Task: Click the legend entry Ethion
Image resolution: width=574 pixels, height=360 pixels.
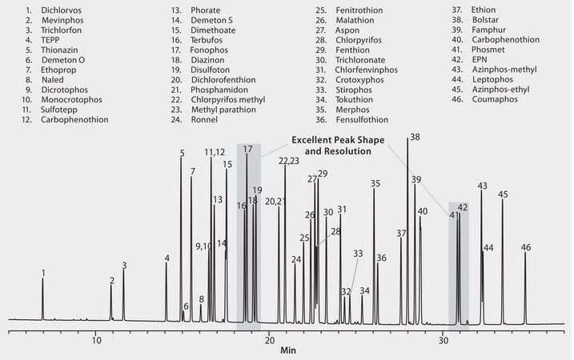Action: coord(484,10)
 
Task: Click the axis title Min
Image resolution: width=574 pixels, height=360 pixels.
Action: coord(287,350)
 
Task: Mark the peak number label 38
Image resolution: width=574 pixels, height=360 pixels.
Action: coord(414,138)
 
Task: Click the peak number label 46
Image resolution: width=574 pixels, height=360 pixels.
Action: coord(526,246)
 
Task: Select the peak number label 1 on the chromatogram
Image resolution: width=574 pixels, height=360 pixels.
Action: coord(43,273)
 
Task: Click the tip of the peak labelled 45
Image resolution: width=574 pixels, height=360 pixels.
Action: coord(503,200)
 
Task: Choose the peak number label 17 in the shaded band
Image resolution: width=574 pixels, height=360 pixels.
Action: coord(247,149)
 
